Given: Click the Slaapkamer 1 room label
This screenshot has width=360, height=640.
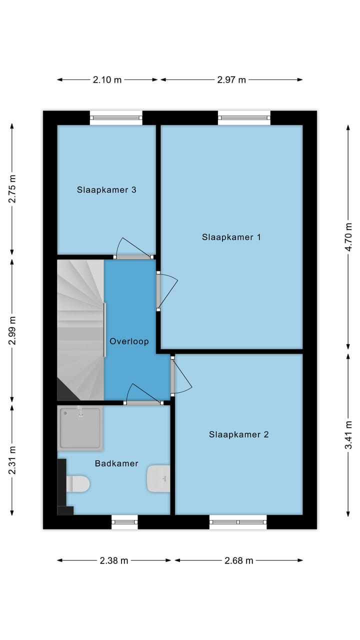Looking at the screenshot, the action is click(x=231, y=237).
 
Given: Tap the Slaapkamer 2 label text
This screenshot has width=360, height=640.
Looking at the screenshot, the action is click(x=238, y=434).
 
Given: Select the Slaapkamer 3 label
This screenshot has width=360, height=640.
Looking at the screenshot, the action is click(x=106, y=189).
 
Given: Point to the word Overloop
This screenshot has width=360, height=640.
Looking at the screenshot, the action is click(x=129, y=341).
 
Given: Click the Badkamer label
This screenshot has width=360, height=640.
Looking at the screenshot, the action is click(x=116, y=463).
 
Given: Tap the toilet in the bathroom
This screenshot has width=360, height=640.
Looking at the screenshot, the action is click(x=77, y=483).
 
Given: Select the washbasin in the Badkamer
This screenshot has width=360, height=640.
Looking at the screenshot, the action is click(x=158, y=478).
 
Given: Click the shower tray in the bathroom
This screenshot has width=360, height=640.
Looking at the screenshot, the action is click(x=80, y=428).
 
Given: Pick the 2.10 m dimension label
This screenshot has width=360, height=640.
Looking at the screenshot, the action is click(x=107, y=79).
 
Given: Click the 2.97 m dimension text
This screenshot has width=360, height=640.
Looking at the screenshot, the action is click(x=231, y=79).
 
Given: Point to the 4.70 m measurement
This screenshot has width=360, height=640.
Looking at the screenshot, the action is click(x=348, y=237).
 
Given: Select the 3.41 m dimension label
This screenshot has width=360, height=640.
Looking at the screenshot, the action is click(x=348, y=435).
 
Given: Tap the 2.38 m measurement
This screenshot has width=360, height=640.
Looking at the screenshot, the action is click(x=113, y=560).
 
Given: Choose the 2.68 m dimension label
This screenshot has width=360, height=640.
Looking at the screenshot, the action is click(x=239, y=560).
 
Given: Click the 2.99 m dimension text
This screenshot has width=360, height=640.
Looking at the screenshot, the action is click(x=12, y=330).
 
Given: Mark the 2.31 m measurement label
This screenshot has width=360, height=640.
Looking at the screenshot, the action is click(x=12, y=460).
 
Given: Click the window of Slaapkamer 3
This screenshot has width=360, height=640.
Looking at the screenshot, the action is click(x=116, y=117).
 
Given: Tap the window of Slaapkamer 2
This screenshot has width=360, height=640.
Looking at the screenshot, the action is click(x=238, y=522).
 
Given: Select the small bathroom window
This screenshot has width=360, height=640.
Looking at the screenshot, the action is click(x=124, y=522).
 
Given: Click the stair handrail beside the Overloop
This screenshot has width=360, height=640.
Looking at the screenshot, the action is click(x=104, y=330).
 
